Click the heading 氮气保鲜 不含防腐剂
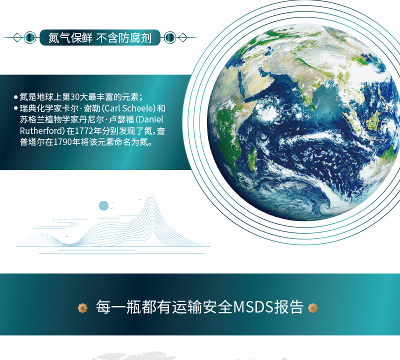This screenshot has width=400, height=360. [x=100, y=38]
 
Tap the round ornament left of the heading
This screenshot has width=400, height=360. [x=30, y=38]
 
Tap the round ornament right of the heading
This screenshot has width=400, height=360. [x=170, y=38]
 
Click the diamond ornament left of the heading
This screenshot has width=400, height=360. [x=17, y=38]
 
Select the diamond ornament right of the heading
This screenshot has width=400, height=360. [x=182, y=38]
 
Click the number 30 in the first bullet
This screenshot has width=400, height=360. [x=74, y=97]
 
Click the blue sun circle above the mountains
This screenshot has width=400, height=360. [x=103, y=205]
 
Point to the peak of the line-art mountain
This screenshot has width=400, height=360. [x=151, y=197]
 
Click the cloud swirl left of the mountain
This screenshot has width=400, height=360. [x=65, y=222]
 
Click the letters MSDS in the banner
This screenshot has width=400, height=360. [x=253, y=306]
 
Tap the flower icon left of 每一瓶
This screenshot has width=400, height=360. [x=82, y=308]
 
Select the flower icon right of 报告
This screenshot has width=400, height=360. [x=313, y=308]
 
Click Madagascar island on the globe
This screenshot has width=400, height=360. [x=252, y=159]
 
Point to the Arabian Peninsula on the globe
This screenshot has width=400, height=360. [x=257, y=82]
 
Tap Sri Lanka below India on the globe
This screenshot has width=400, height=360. [x=314, y=108]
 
